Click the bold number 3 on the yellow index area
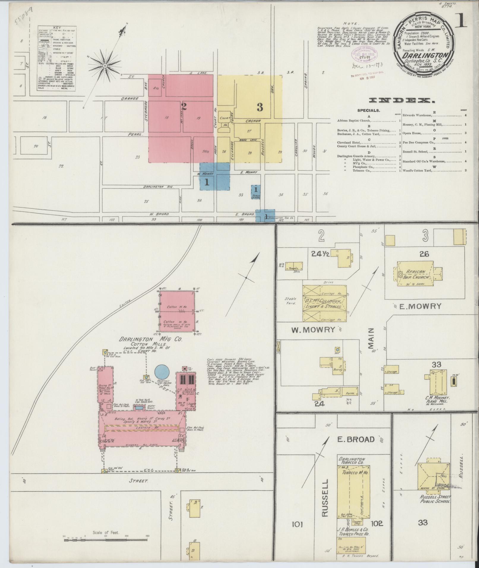point(260,107)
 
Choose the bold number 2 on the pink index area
point(184,107)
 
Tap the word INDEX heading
point(401,101)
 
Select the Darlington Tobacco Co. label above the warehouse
point(351,461)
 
